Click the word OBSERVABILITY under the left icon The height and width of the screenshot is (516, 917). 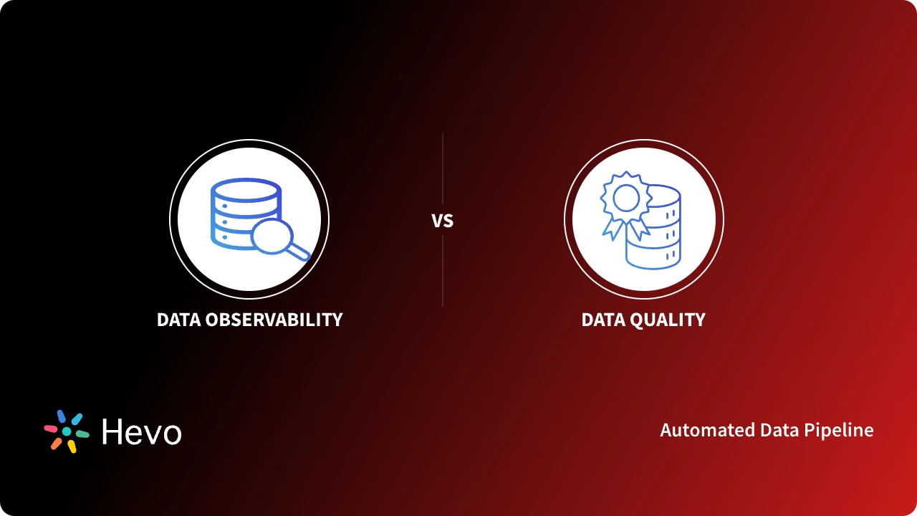[x=274, y=320]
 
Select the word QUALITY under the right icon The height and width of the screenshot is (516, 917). [x=666, y=320]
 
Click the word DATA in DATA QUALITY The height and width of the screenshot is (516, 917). [x=601, y=320]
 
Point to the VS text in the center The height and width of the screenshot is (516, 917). [x=443, y=221]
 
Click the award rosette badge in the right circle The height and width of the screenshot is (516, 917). [x=625, y=196]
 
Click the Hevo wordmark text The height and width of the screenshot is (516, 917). [x=142, y=431]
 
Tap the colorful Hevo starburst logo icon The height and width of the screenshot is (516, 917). [x=66, y=431]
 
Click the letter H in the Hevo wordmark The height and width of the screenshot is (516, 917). [x=112, y=431]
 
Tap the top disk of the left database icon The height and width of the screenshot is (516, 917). [x=244, y=189]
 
